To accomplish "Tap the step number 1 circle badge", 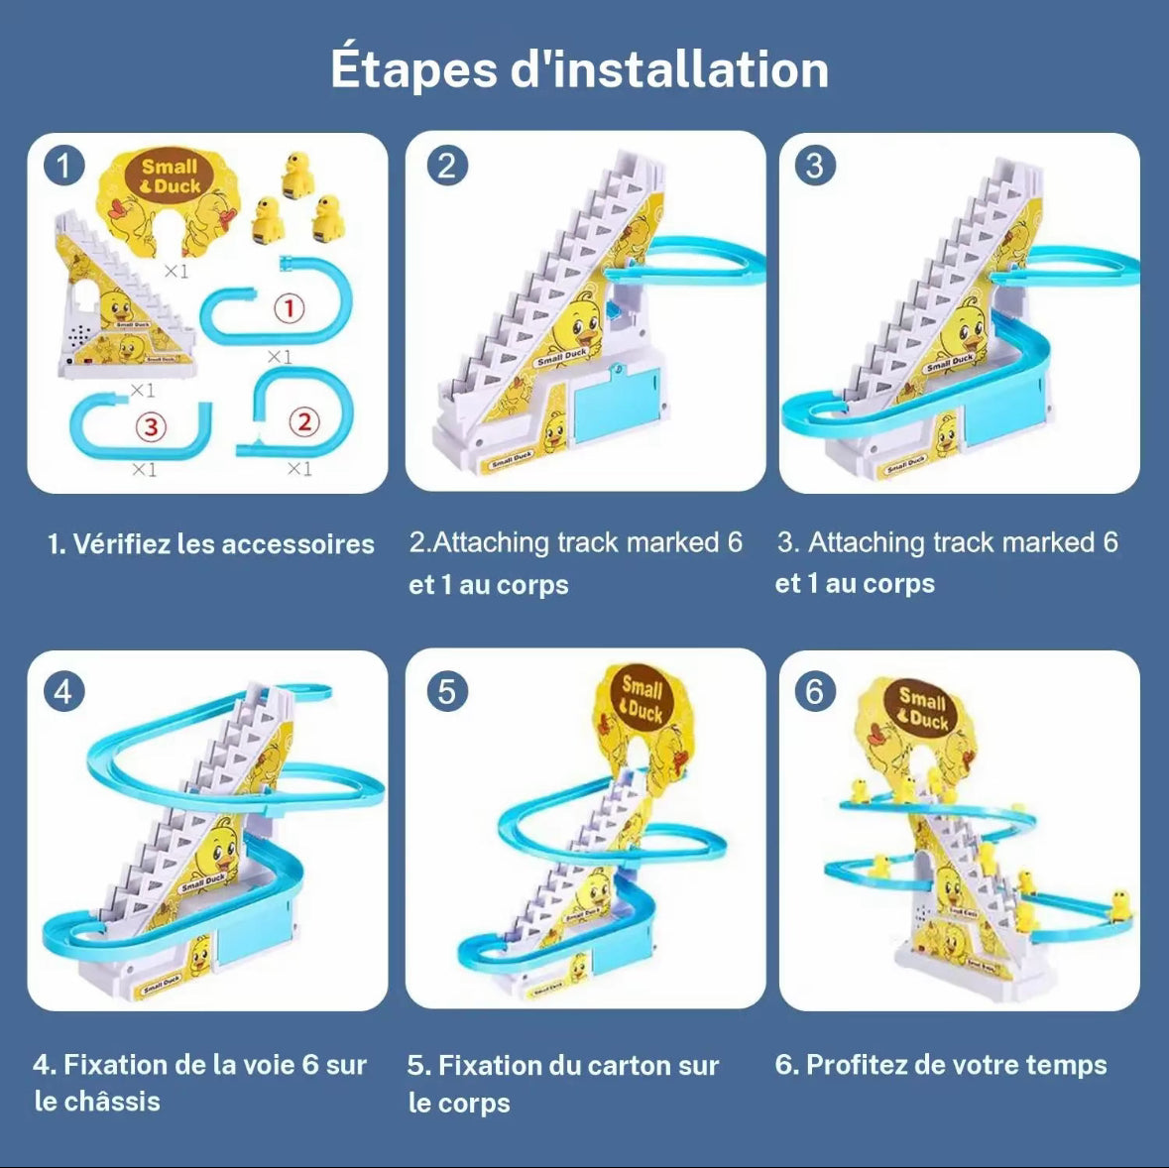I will click(x=63, y=166).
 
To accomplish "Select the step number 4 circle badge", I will click(x=63, y=690).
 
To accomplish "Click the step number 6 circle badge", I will click(x=815, y=690).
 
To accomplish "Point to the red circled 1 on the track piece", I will click(x=289, y=308).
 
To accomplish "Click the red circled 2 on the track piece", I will click(x=303, y=422).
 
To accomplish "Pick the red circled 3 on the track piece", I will click(x=150, y=427).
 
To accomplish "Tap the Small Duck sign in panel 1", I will click(x=170, y=178).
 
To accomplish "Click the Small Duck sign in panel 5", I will click(x=641, y=699).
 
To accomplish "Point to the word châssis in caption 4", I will click(x=111, y=1102).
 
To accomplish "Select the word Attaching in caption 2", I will click(x=492, y=542).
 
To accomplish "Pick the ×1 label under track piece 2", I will click(x=298, y=468).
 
